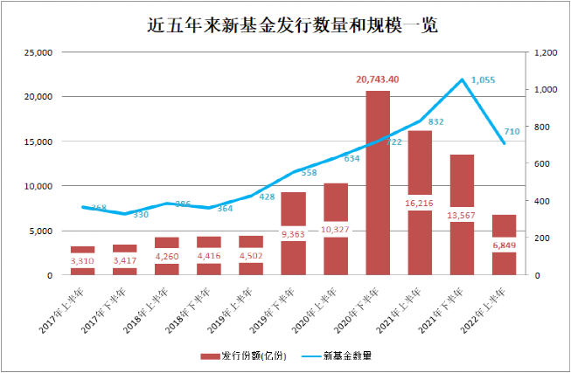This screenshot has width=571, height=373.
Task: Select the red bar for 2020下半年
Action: coord(377,183)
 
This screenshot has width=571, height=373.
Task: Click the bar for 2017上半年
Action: coord(82,261)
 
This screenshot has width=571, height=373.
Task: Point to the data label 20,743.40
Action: coord(378,79)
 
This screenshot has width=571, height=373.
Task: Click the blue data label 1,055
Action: coord(483,80)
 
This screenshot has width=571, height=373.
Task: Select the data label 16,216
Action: coord(420,202)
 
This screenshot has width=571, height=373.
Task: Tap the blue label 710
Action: coord(512,131)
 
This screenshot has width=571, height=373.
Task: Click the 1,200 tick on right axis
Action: coord(545,52)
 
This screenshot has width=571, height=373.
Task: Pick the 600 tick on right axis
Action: coord(540,164)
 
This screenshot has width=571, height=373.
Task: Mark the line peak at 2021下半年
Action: coord(462,79)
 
